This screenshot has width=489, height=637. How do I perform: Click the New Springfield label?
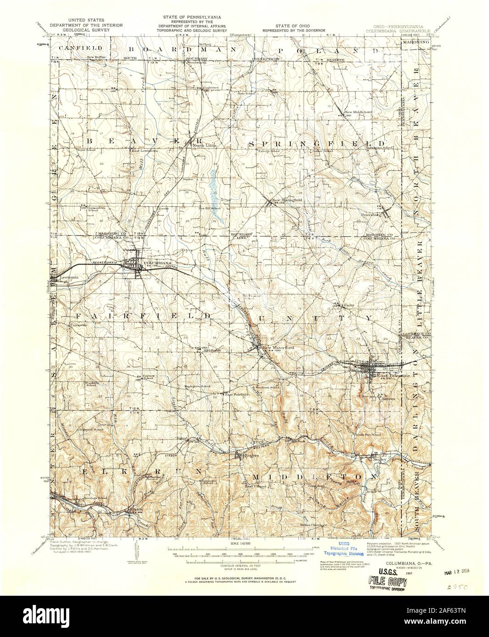click(x=287, y=200)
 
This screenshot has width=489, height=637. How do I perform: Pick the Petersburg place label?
click(x=370, y=214)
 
